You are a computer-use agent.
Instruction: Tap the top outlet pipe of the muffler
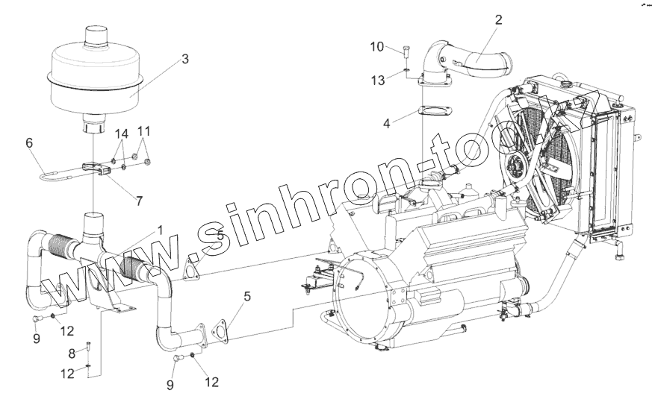click(x=96, y=35)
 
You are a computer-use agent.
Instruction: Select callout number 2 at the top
click(x=498, y=21)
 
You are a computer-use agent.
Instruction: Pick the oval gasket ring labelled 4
click(x=432, y=113)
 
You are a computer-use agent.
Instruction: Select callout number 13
click(x=379, y=80)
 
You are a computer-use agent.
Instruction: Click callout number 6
click(x=30, y=142)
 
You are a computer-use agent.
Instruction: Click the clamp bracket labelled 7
click(x=102, y=170)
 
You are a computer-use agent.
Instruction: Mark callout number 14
click(x=122, y=133)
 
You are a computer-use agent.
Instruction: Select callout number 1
click(x=159, y=231)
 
